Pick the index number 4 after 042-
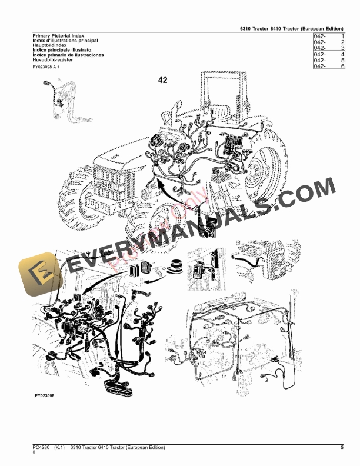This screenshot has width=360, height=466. click(x=342, y=55)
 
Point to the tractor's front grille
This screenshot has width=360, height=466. click(x=109, y=176)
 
